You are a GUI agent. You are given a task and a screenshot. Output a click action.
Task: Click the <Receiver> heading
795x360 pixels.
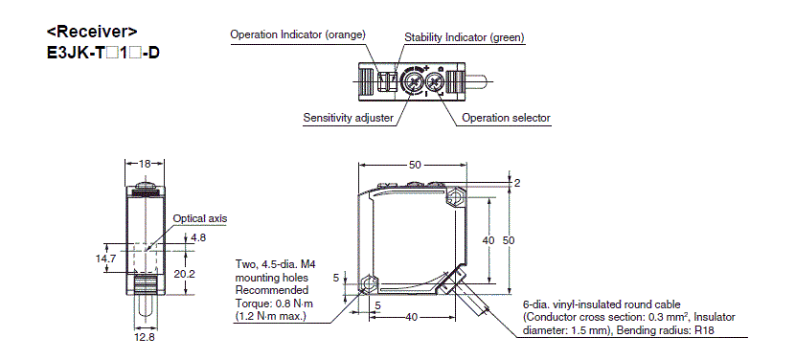[92, 32]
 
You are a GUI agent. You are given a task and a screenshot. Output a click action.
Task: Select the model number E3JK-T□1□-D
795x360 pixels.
[102, 52]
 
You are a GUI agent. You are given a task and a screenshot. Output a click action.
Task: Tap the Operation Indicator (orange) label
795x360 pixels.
[298, 34]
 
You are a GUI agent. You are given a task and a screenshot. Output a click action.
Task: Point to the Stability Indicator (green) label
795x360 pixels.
[465, 37]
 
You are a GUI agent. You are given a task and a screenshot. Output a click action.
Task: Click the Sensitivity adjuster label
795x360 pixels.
[348, 118]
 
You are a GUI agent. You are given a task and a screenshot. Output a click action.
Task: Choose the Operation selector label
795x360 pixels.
[506, 118]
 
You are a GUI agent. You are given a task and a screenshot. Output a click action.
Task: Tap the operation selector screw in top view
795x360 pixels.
[436, 81]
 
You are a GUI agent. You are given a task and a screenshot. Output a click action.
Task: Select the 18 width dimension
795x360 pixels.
[145, 164]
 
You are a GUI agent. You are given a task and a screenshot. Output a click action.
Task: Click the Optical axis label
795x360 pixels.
[200, 218]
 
